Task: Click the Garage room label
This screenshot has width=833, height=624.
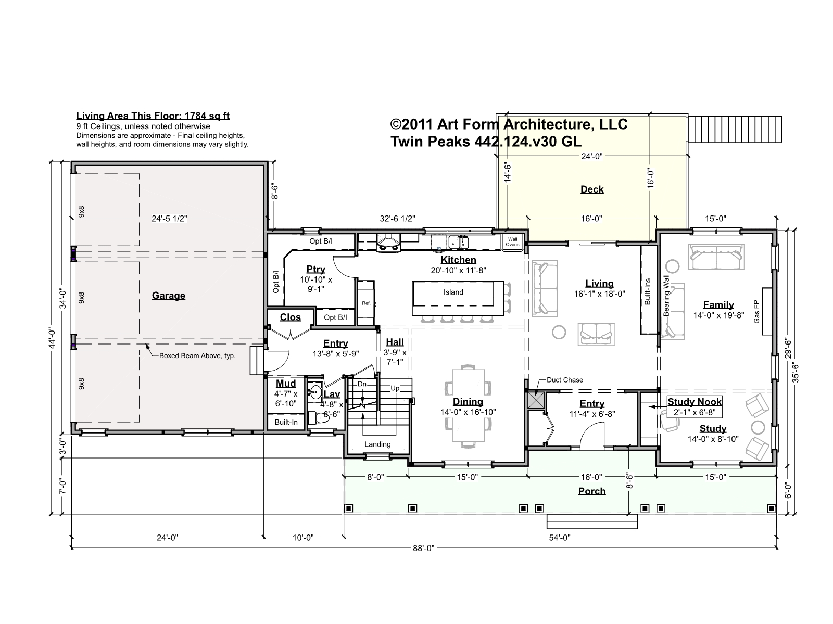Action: point(169,296)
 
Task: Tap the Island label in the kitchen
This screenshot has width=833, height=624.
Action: point(453,292)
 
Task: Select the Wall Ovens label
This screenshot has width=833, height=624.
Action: point(512,241)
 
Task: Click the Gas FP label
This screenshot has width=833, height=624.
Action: point(756,311)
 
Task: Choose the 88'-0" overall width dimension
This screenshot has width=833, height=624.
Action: point(423,547)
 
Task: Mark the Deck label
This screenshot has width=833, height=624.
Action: point(591,189)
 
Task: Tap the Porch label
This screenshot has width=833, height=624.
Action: point(591,491)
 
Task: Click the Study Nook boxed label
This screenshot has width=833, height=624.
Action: point(695,407)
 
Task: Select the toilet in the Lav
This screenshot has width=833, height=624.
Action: point(318,417)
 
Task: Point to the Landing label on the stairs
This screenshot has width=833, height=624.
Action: point(377,444)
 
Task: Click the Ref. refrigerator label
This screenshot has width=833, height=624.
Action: point(366,303)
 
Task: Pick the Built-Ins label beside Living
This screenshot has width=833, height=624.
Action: point(648,292)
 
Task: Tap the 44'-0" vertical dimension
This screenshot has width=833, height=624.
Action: point(53,338)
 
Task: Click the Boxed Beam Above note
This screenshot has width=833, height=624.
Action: point(197,356)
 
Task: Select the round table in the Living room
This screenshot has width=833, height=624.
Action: point(559,332)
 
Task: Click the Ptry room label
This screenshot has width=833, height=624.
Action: point(315,269)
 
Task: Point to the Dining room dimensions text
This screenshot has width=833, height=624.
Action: point(468,412)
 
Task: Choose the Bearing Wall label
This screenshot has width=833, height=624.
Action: point(666,296)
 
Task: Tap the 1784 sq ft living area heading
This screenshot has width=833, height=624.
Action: point(153,116)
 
